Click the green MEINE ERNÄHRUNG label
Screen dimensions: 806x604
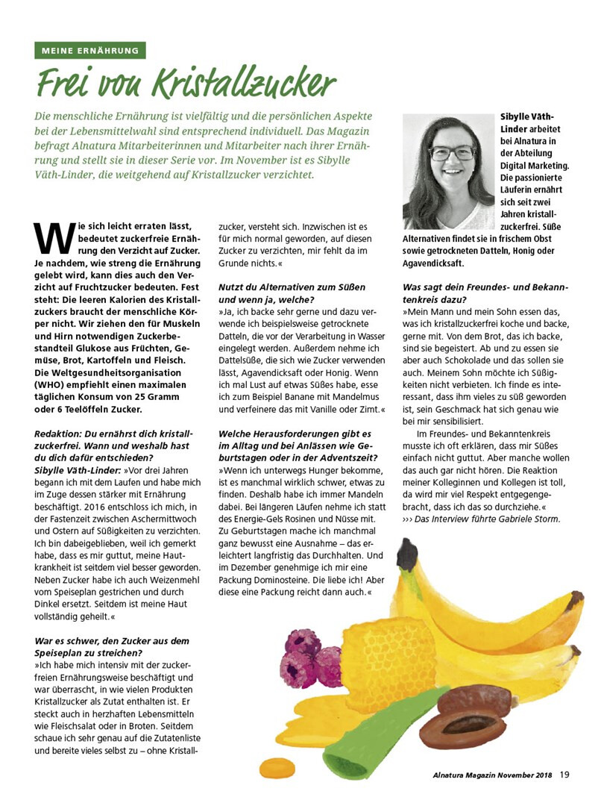(89, 51)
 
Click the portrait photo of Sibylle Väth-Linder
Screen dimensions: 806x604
(448, 172)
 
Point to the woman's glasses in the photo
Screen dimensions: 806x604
(450, 152)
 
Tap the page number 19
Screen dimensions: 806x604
(564, 775)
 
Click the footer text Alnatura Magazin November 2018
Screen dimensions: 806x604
(492, 775)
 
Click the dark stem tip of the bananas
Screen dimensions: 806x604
(407, 556)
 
